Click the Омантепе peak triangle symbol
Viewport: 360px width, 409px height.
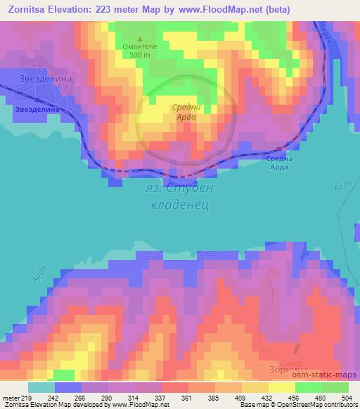pos(140,39)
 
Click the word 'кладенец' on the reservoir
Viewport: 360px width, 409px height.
pos(180,206)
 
